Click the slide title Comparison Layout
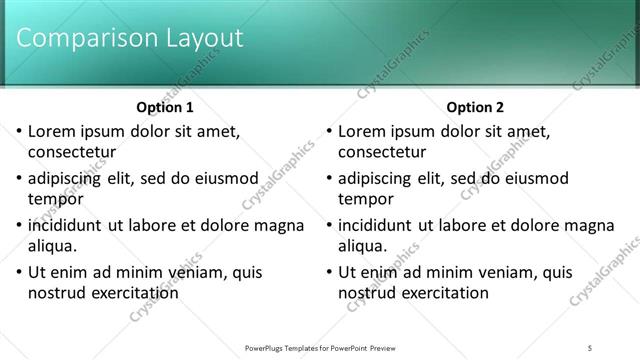131,38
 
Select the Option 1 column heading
165,107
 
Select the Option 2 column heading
475,107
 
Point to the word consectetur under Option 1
72,152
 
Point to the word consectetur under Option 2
382,152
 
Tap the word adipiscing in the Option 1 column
68,178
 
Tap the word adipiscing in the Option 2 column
378,178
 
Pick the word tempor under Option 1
54,199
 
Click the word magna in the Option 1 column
279,225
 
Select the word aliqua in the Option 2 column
363,246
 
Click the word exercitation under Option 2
443,292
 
